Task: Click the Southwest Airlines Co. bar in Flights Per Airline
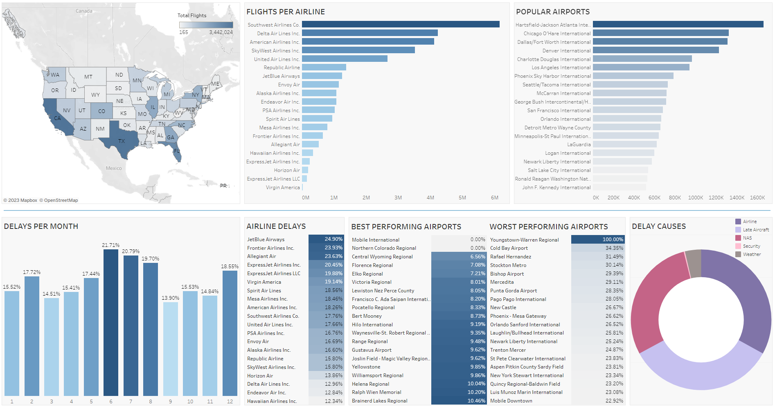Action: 400,25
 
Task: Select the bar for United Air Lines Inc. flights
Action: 345,59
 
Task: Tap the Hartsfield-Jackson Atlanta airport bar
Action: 678,25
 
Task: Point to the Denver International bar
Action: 656,50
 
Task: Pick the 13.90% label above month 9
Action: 170,298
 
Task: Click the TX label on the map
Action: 122,141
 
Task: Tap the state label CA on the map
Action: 57,118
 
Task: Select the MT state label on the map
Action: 88,77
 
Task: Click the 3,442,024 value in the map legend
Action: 221,32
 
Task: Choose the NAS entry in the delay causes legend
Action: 747,238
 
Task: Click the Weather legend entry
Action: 752,254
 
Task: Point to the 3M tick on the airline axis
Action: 398,198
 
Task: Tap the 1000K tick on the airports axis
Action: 695,198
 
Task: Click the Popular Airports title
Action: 552,12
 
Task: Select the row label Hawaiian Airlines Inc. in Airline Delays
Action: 272,401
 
